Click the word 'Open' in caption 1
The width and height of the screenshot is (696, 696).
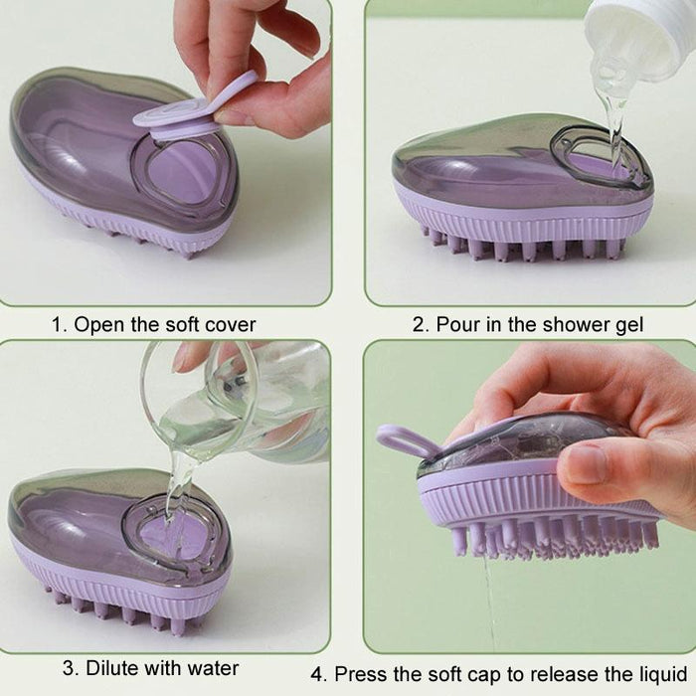coord(98,324)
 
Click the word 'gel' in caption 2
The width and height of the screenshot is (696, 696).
coord(630,325)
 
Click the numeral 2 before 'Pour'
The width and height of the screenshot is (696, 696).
coord(418,324)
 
